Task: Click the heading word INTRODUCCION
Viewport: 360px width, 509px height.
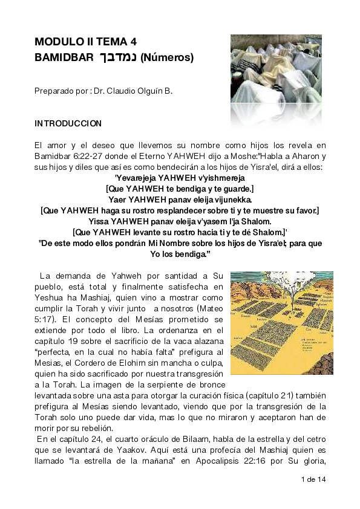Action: coord(68,123)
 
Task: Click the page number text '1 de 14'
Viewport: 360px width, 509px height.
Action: coord(313,479)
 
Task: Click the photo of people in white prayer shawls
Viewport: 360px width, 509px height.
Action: coord(276,68)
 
